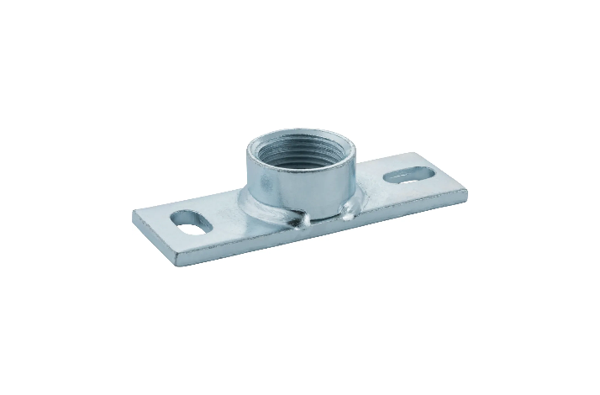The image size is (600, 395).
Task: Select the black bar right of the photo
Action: click(x=534, y=197)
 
